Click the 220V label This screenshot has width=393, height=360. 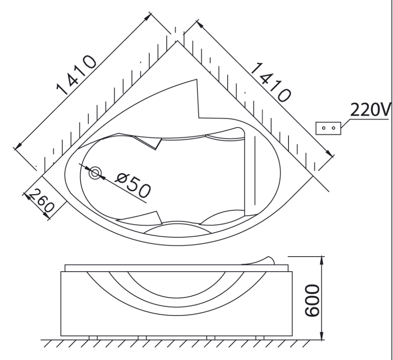point(370,109)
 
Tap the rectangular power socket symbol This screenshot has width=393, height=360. point(328,129)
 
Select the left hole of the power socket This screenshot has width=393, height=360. point(323,128)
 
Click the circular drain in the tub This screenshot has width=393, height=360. point(95,173)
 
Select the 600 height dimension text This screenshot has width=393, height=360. point(312,300)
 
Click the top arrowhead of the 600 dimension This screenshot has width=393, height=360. point(322,260)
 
